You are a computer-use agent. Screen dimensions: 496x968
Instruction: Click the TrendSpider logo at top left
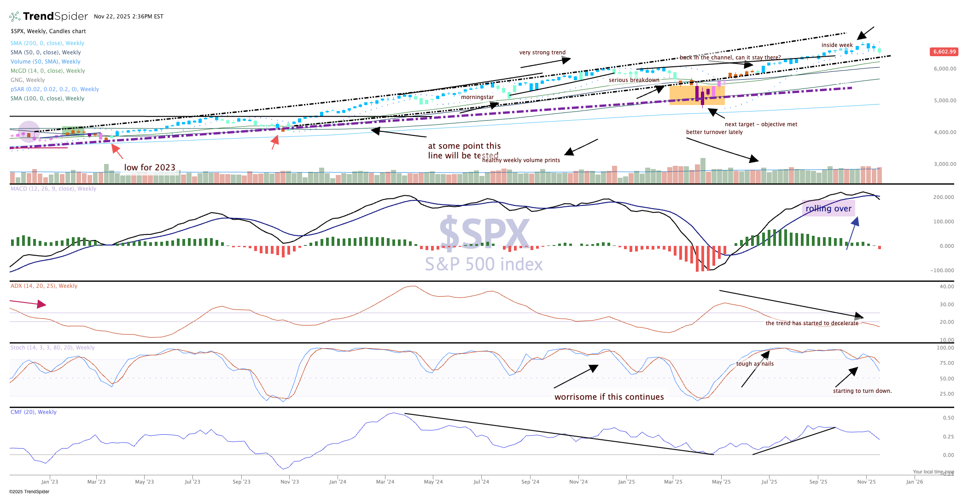point(48,17)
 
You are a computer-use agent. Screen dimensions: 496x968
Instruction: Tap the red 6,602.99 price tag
point(944,52)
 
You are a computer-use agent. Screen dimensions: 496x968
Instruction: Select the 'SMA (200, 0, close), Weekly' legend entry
point(47,43)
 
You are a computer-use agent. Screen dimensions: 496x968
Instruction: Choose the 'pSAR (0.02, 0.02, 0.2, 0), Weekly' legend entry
point(55,89)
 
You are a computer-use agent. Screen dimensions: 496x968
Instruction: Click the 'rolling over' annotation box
point(828,209)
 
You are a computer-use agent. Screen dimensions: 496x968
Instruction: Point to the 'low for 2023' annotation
point(150,168)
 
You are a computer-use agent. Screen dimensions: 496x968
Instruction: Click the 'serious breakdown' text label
point(634,80)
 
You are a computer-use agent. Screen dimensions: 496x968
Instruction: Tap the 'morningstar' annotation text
point(477,97)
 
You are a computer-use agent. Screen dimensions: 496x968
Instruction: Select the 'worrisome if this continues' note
point(609,397)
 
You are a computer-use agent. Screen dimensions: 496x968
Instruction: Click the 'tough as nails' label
point(755,364)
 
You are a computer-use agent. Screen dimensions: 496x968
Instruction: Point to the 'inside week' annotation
point(837,45)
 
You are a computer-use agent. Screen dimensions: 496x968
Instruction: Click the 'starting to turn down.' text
point(862,391)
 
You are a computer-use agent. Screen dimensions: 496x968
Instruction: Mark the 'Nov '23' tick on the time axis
point(290,482)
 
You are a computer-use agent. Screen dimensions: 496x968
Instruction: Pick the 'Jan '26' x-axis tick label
point(914,482)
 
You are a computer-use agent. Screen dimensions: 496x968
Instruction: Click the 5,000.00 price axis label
point(945,100)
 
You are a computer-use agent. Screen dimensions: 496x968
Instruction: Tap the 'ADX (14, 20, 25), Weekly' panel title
point(44,286)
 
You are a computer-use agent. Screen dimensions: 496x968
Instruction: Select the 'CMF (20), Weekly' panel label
point(34,412)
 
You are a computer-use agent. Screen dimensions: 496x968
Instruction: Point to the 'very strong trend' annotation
point(542,53)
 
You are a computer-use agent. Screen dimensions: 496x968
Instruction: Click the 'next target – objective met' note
point(761,124)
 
